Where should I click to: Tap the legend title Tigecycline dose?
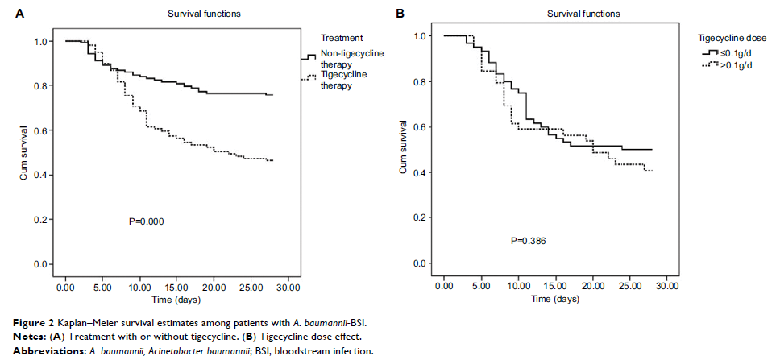(x=732, y=37)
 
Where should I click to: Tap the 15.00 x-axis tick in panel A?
(x=176, y=286)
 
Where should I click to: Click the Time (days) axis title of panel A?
(x=176, y=299)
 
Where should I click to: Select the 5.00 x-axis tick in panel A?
(x=102, y=286)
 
